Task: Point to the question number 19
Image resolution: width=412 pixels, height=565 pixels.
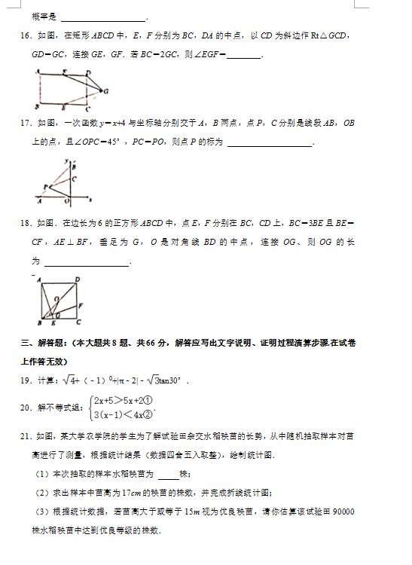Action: (25, 380)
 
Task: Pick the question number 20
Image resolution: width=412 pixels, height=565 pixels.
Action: (25, 408)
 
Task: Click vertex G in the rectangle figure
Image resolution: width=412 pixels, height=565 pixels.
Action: (106, 91)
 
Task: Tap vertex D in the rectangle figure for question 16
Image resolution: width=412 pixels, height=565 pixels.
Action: (88, 72)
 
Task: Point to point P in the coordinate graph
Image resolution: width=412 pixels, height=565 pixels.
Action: (44, 185)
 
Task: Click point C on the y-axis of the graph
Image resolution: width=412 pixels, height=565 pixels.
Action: (74, 179)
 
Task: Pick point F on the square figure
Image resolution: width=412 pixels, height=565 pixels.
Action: (81, 305)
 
